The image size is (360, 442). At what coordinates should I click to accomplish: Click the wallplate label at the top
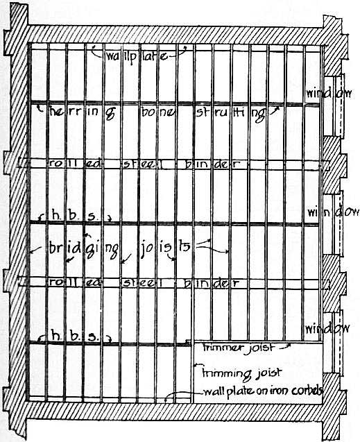pos(137,57)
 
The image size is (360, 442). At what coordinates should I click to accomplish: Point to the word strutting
pos(231,114)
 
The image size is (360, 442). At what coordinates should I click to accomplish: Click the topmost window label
pos(329,93)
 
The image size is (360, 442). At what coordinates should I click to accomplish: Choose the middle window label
pos(333,212)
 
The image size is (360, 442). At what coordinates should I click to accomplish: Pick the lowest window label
pos(327,329)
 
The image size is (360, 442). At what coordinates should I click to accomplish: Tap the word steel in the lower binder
pos(143,282)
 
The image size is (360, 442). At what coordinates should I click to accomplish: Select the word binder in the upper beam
pos(212,164)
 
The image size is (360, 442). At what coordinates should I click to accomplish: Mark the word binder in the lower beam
pos(211,282)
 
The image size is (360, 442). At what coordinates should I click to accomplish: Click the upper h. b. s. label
pos(74,216)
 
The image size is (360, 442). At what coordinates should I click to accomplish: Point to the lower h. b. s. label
pos(76,335)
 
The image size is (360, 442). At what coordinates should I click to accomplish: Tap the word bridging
pos(84,248)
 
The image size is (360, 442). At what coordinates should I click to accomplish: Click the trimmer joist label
pos(239,348)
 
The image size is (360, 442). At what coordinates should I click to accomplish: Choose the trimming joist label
pos(241,373)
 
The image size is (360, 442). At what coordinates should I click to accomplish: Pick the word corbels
pos(307,391)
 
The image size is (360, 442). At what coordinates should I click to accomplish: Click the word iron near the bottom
pos(280,391)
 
